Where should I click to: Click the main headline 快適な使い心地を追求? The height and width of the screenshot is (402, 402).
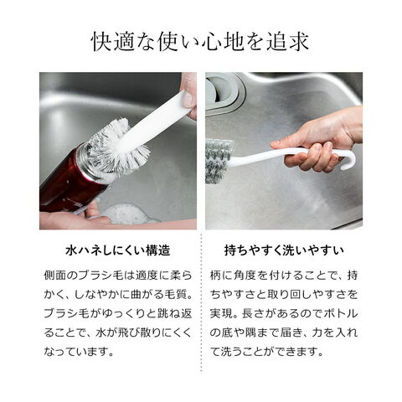click(200, 42)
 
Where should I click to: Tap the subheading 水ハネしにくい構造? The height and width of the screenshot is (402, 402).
click(117, 250)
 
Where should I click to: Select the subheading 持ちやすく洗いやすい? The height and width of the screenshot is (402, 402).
click(284, 250)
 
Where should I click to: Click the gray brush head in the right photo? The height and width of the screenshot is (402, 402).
click(219, 161)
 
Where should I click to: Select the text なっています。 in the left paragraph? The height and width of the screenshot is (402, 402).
click(80, 352)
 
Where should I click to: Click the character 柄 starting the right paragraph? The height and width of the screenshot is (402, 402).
click(215, 276)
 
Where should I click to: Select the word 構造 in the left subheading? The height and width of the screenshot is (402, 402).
click(158, 250)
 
